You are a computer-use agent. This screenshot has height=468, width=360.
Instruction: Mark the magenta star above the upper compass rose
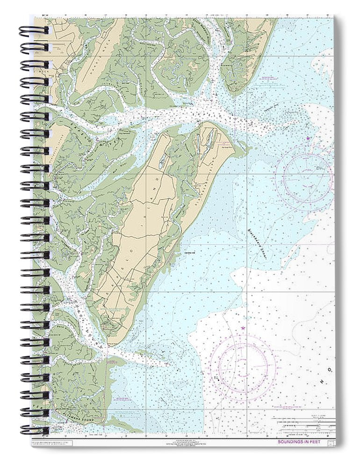tap(308, 139)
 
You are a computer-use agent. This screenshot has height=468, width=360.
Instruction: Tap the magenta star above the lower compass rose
tap(243, 329)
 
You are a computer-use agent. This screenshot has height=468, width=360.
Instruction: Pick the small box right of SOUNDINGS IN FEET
tap(331, 442)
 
